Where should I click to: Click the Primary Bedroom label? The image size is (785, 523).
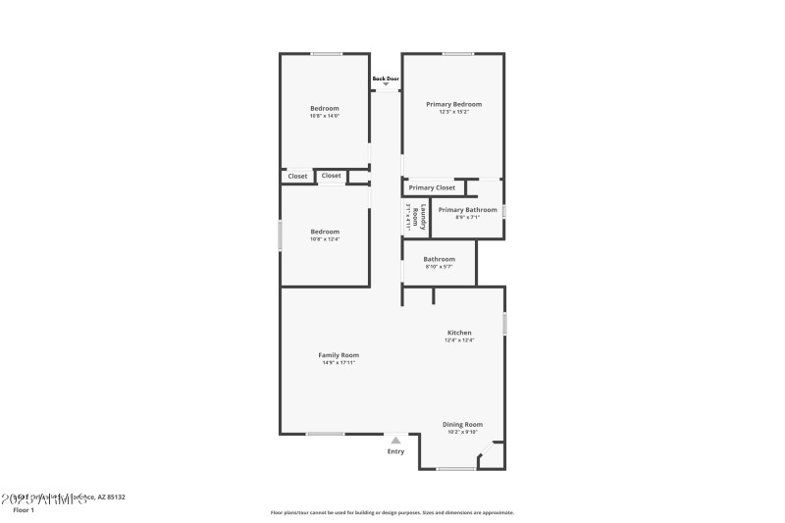click(453, 104)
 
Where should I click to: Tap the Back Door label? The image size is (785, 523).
click(386, 78)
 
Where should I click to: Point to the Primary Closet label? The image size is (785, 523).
click(432, 187)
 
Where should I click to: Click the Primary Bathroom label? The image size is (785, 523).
click(467, 210)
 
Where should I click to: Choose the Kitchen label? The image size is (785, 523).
click(459, 333)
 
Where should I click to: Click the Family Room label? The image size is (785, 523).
click(339, 355)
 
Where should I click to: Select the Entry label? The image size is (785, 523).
click(395, 451)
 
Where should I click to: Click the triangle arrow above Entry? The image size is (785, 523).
click(395, 441)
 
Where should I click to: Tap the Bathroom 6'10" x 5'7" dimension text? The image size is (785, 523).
click(439, 267)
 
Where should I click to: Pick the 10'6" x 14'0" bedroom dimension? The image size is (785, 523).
click(325, 116)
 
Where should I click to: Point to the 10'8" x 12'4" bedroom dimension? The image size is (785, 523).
click(325, 239)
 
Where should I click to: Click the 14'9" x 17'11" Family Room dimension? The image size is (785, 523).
click(339, 363)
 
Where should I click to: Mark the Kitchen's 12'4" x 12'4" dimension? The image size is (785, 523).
click(459, 340)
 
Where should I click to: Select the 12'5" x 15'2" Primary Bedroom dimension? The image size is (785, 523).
click(453, 112)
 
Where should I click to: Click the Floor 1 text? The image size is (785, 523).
click(23, 510)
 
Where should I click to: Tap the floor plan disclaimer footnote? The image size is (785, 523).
click(392, 512)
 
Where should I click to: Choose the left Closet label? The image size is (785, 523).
click(297, 177)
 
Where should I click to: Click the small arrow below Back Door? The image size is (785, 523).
click(386, 85)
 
